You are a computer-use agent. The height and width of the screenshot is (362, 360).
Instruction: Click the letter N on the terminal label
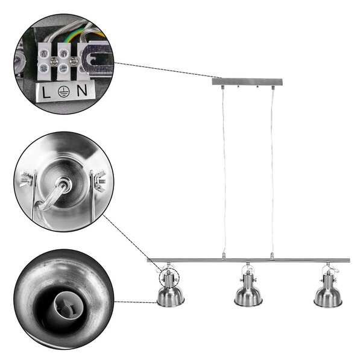pyautogui.click(x=82, y=91)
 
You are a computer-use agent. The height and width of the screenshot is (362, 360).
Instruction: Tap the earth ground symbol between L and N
pyautogui.click(x=64, y=92)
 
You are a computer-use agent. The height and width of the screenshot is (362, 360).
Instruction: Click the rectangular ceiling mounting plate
pyautogui.click(x=247, y=81)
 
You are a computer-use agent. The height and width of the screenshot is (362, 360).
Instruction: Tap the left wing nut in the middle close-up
pyautogui.click(x=27, y=179)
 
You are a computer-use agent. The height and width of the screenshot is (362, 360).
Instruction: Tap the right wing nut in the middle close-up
pyautogui.click(x=100, y=180)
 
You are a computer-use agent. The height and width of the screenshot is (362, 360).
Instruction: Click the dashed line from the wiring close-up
pyautogui.click(x=168, y=71)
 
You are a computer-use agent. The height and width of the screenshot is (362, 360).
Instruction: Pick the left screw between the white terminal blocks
pyautogui.click(x=54, y=61)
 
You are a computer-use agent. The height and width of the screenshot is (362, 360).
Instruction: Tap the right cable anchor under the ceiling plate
pyautogui.click(x=273, y=87)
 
